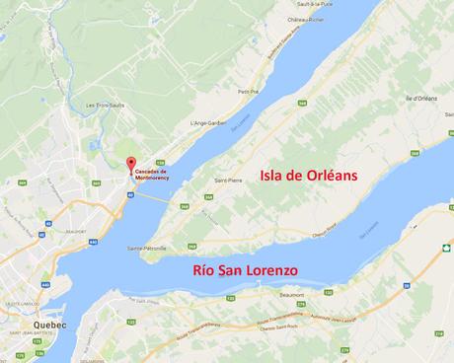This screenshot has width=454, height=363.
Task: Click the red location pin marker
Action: pyautogui.click(x=130, y=162)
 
